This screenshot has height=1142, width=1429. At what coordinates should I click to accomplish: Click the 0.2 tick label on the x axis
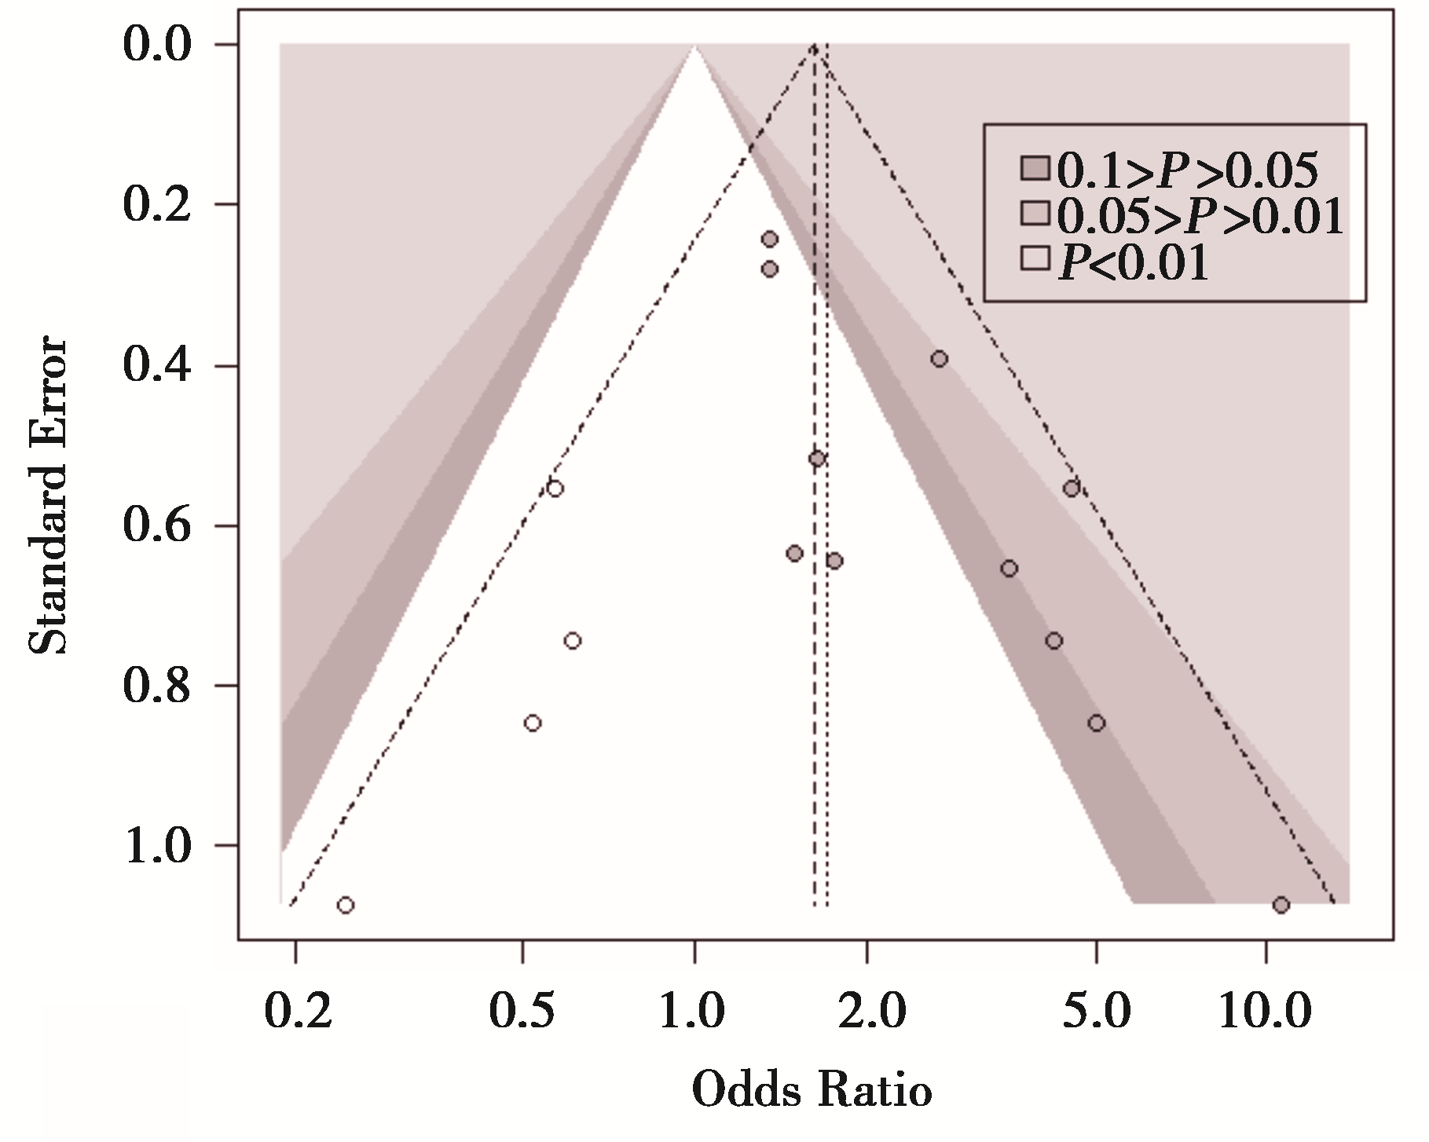pos(295,1011)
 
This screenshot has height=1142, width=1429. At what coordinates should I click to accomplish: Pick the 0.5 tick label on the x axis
pos(522,1011)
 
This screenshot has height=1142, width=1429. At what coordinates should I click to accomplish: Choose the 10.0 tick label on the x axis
pos(1265,1011)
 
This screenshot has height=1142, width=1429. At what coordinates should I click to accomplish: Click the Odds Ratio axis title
pos(812,1092)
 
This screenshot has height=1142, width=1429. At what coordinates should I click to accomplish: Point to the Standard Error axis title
pos(49,496)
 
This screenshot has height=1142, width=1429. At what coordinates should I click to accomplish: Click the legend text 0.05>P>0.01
pos(1200,217)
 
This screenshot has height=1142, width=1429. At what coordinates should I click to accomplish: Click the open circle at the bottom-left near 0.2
pos(345,905)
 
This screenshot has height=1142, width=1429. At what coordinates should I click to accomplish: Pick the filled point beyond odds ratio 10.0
pos(1281,905)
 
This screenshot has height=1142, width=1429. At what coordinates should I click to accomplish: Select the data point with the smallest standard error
pos(770,239)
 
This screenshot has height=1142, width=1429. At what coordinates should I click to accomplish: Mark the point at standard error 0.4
pos(939,359)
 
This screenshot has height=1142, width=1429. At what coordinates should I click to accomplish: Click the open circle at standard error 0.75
pos(573,640)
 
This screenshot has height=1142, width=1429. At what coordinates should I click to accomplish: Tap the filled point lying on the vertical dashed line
pos(817,459)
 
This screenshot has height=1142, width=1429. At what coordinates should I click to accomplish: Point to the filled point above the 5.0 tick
pos(1097,723)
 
